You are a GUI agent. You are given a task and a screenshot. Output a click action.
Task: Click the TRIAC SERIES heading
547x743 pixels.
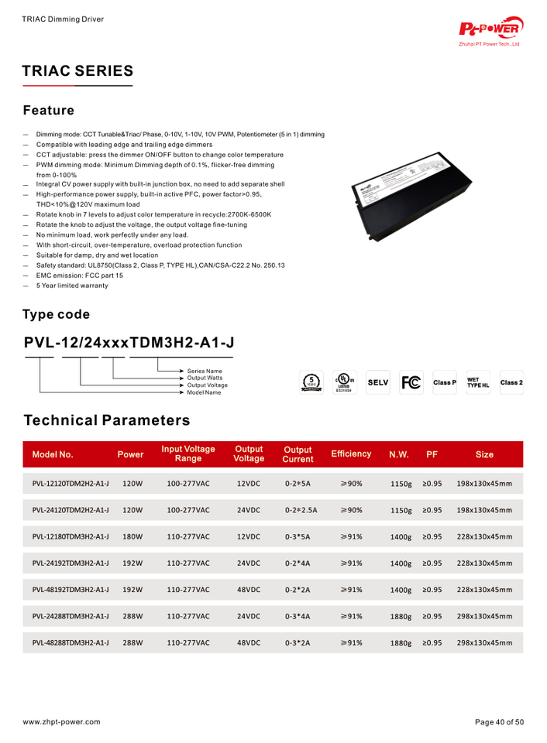(78, 71)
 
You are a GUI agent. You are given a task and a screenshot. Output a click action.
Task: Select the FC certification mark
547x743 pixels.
(411, 382)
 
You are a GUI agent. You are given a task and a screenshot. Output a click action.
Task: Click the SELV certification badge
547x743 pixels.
(377, 383)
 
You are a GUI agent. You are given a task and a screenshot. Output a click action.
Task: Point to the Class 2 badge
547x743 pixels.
(511, 383)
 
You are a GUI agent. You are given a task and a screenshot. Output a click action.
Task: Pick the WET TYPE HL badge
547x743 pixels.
(478, 383)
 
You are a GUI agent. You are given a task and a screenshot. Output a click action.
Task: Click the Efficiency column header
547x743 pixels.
(351, 454)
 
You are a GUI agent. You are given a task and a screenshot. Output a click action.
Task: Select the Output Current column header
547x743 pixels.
(298, 454)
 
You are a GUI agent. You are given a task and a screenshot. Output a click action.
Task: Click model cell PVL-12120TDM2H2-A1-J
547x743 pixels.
(71, 484)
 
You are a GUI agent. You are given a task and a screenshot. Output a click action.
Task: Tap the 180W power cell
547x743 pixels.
(133, 536)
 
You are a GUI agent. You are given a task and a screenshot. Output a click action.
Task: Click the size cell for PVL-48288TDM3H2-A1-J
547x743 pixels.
(484, 642)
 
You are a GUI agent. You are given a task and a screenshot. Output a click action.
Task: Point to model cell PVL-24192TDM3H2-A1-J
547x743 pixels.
(71, 563)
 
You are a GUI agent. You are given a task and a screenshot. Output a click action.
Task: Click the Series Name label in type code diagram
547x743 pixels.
(205, 371)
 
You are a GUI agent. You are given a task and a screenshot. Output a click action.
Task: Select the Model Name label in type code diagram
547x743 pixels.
(205, 393)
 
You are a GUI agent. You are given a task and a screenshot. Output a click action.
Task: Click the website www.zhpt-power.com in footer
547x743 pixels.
(61, 721)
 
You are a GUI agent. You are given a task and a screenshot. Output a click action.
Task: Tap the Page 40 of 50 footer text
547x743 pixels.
(499, 721)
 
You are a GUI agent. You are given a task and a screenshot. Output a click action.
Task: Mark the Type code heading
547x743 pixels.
(56, 314)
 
